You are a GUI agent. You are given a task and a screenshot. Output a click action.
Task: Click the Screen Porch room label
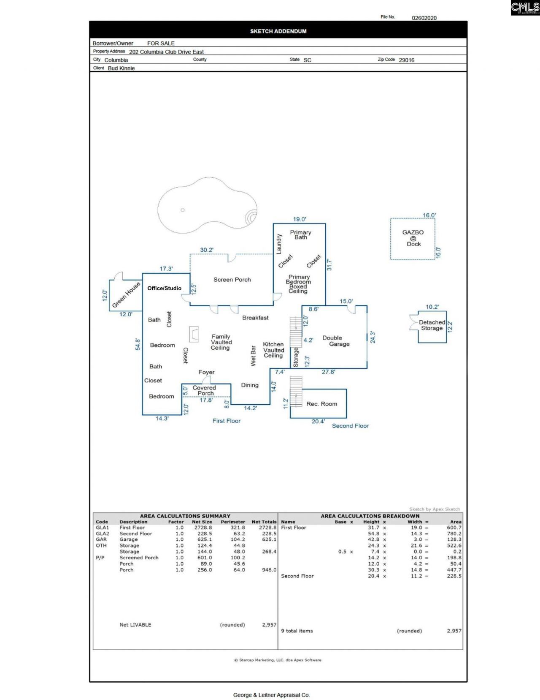point(232,280)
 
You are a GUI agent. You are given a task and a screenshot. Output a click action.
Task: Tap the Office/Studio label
point(164,288)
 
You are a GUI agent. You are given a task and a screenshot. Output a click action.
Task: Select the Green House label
point(126,295)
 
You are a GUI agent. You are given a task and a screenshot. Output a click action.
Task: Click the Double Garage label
point(336,341)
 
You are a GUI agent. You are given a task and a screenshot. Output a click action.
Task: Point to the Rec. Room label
point(321,404)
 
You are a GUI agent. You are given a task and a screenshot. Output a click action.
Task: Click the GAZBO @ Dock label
point(413,238)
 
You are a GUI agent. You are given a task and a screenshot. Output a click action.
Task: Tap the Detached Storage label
point(432,325)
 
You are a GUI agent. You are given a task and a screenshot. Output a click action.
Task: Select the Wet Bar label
point(253,356)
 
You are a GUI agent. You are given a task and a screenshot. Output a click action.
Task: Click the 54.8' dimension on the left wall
point(138,344)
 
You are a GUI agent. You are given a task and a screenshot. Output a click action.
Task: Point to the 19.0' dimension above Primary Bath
point(300,219)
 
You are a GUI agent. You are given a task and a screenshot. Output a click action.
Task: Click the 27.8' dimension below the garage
point(328,372)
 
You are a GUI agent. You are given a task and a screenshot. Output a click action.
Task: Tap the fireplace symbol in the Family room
point(194,334)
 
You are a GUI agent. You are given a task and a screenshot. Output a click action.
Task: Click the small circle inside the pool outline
point(183,210)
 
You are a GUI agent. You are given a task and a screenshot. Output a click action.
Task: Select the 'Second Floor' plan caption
point(350,426)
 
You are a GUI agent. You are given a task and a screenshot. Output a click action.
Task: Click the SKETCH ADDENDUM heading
point(278,31)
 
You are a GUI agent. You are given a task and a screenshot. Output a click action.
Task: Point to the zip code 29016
point(406,60)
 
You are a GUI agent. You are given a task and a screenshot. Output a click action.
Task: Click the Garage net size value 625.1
point(204,539)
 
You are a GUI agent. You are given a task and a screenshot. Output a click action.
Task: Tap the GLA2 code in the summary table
point(102,534)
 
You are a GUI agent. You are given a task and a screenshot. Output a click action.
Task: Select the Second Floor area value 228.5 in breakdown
point(454,576)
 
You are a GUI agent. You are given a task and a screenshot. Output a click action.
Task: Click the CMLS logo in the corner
point(525,8)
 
